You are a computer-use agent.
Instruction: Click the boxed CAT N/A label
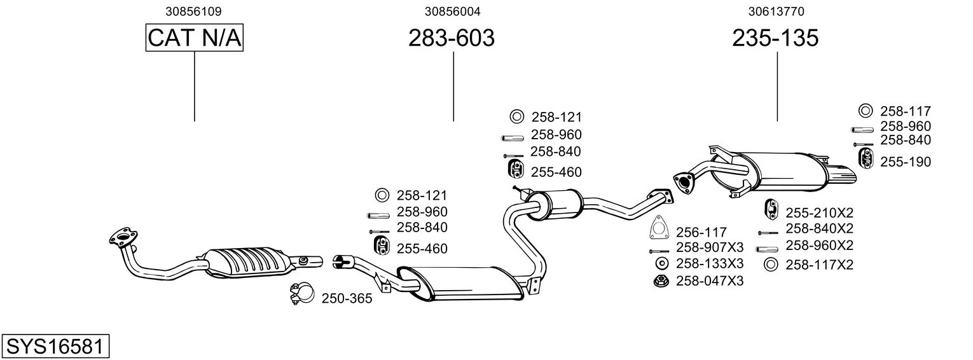click(x=195, y=38)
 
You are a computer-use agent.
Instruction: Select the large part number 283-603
click(x=451, y=38)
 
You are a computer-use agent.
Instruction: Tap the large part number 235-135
click(x=775, y=38)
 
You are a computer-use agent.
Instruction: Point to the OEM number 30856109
click(x=194, y=11)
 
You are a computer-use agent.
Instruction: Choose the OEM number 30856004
click(x=453, y=11)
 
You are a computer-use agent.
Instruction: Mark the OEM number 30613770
click(x=776, y=11)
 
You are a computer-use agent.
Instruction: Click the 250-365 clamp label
click(x=347, y=298)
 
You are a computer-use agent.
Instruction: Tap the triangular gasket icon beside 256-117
click(x=659, y=228)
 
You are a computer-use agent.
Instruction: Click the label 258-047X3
click(x=710, y=280)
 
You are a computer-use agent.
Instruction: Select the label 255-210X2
click(x=819, y=212)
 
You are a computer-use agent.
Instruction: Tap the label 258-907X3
click(x=710, y=247)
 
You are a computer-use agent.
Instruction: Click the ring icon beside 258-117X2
click(x=771, y=265)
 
